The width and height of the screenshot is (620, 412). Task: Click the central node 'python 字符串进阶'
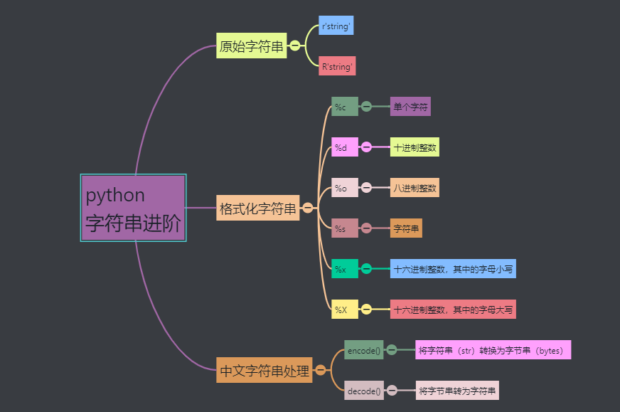tap(133, 208)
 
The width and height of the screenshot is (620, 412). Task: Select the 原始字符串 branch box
tap(252, 46)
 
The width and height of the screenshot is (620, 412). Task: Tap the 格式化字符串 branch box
tap(257, 208)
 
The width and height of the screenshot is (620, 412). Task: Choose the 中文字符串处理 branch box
tap(264, 370)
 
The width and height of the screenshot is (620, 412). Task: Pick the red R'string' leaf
tap(337, 67)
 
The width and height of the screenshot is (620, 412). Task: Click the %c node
tap(344, 107)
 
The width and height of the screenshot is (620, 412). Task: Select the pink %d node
tap(344, 147)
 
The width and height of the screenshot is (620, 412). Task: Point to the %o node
tap(344, 188)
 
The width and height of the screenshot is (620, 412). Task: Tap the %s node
tap(344, 228)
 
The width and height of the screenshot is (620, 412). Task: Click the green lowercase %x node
tap(344, 269)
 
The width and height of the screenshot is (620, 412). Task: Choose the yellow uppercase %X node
tap(344, 310)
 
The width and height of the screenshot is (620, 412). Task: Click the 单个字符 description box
tap(410, 107)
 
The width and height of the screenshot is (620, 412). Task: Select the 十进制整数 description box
tap(415, 147)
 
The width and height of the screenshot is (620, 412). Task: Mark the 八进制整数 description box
tap(415, 188)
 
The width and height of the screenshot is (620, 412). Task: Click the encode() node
tap(364, 350)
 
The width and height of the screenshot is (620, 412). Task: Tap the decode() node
tap(364, 391)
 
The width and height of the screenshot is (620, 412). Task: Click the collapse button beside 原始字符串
tap(295, 46)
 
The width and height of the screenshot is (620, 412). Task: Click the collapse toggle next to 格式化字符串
tap(308, 208)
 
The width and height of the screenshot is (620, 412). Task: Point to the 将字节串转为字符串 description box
tap(457, 391)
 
